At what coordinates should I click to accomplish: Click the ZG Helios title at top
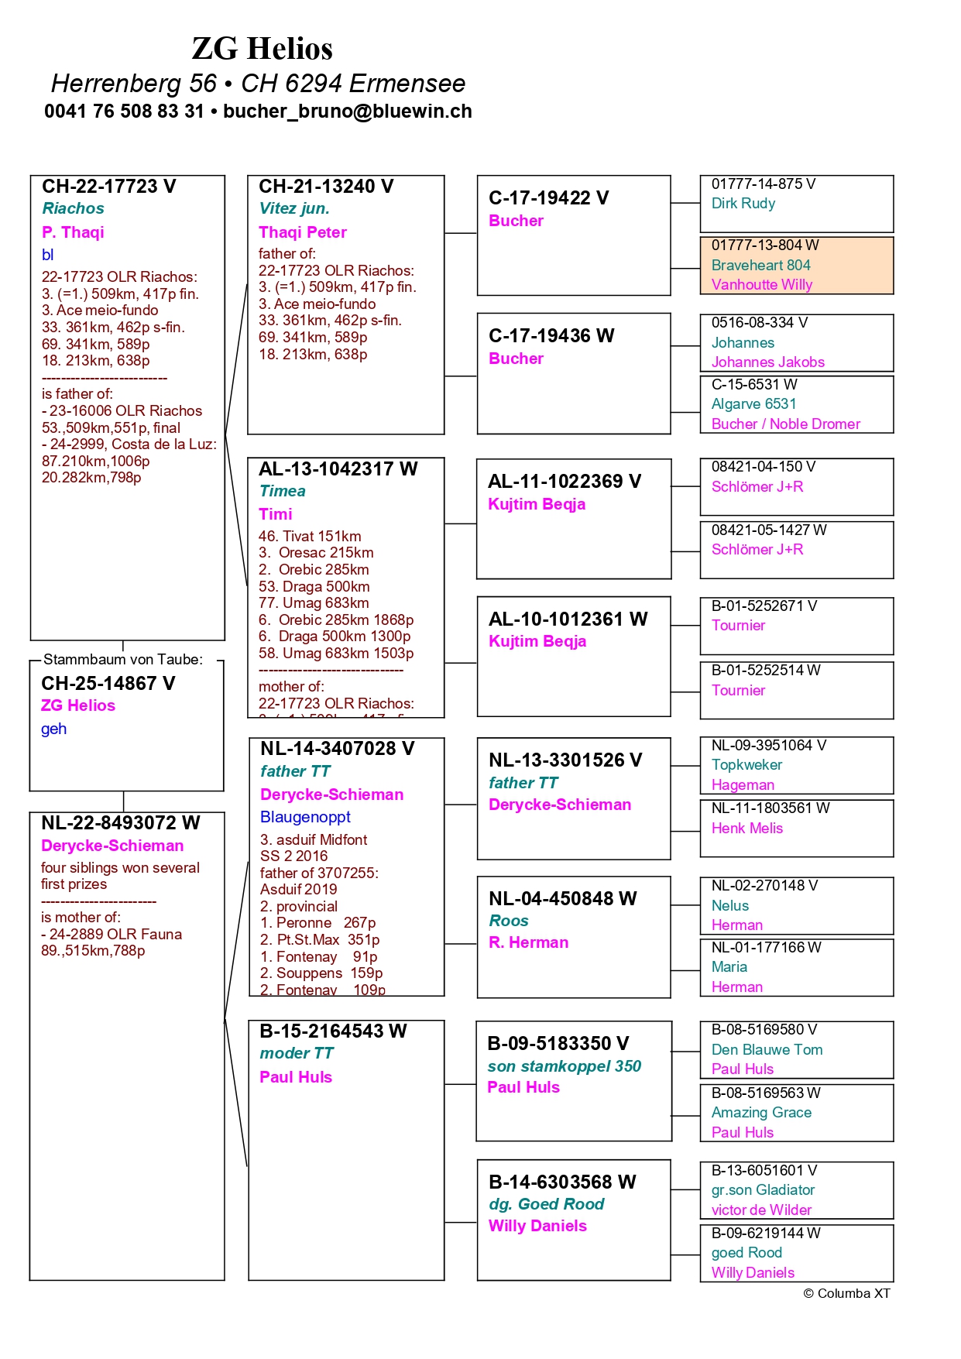pyautogui.click(x=262, y=49)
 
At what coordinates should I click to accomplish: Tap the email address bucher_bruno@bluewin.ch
pyautogui.click(x=347, y=112)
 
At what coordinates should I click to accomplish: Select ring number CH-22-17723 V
pyautogui.click(x=108, y=187)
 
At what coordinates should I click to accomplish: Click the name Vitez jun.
pyautogui.click(x=294, y=208)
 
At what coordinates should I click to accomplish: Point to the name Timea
pyautogui.click(x=282, y=491)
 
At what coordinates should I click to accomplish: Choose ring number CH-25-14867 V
pyautogui.click(x=108, y=684)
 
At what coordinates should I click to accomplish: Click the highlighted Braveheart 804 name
pyautogui.click(x=760, y=265)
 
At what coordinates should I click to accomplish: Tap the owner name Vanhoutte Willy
pyautogui.click(x=761, y=285)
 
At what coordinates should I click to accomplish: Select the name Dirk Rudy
pyautogui.click(x=743, y=204)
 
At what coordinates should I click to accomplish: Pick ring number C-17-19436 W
pyautogui.click(x=551, y=336)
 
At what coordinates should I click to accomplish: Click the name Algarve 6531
pyautogui.click(x=753, y=404)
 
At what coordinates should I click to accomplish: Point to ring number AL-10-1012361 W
pyautogui.click(x=568, y=619)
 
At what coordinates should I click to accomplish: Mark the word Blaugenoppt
pyautogui.click(x=305, y=817)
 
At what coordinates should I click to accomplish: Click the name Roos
pyautogui.click(x=508, y=921)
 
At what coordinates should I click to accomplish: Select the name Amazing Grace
pyautogui.click(x=761, y=1113)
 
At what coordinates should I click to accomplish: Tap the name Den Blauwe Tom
pyautogui.click(x=767, y=1050)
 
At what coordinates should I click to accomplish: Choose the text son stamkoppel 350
pyautogui.click(x=564, y=1066)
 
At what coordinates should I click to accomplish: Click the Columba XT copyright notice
pyautogui.click(x=846, y=1294)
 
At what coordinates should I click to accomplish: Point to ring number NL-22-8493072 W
pyautogui.click(x=120, y=823)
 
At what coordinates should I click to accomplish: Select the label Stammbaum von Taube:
pyautogui.click(x=122, y=660)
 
